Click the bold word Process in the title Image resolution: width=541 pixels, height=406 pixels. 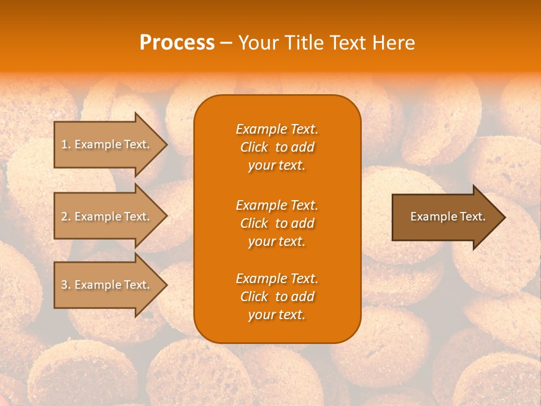pyautogui.click(x=177, y=43)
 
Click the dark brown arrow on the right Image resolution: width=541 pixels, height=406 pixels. pyautogui.click(x=445, y=217)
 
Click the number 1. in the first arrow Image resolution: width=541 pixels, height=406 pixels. pyautogui.click(x=66, y=144)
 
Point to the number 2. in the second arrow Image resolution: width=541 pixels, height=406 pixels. pyautogui.click(x=66, y=217)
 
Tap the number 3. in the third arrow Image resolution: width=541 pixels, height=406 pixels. pyautogui.click(x=66, y=285)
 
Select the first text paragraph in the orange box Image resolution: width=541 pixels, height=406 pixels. pyautogui.click(x=277, y=147)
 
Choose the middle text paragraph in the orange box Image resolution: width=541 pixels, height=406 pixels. pyautogui.click(x=277, y=223)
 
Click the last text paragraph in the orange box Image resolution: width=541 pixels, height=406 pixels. pyautogui.click(x=277, y=297)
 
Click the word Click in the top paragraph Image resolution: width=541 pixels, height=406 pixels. pyautogui.click(x=254, y=147)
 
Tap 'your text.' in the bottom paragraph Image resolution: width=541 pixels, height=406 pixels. pyautogui.click(x=277, y=315)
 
